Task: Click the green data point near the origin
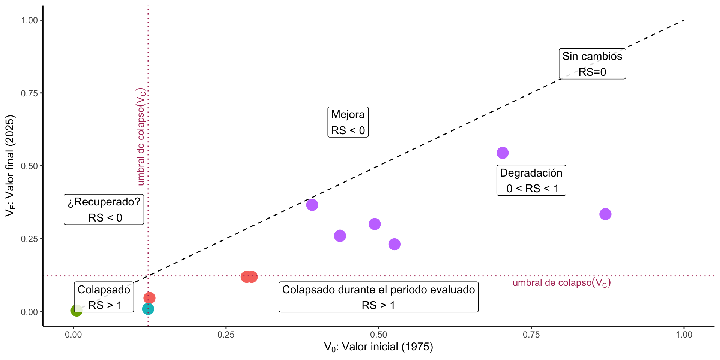click(x=76, y=310)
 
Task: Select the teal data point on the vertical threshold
click(x=148, y=309)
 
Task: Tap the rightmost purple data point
click(x=605, y=214)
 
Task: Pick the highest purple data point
click(x=502, y=153)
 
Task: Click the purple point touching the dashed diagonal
click(x=312, y=205)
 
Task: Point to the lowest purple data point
click(x=394, y=244)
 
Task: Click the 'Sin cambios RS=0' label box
click(x=592, y=64)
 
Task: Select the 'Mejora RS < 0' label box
click(x=348, y=122)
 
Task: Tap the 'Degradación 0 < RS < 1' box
click(x=531, y=180)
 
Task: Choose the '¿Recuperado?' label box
click(x=104, y=210)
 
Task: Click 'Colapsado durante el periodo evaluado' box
click(x=378, y=297)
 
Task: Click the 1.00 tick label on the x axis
click(x=684, y=334)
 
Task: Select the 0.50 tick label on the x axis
click(x=379, y=334)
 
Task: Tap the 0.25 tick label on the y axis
click(x=30, y=239)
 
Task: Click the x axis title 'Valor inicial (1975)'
click(x=379, y=347)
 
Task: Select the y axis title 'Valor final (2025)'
click(x=10, y=166)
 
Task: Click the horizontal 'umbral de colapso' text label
click(x=561, y=283)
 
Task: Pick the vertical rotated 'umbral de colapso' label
click(x=141, y=137)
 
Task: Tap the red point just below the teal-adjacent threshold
click(x=149, y=298)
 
